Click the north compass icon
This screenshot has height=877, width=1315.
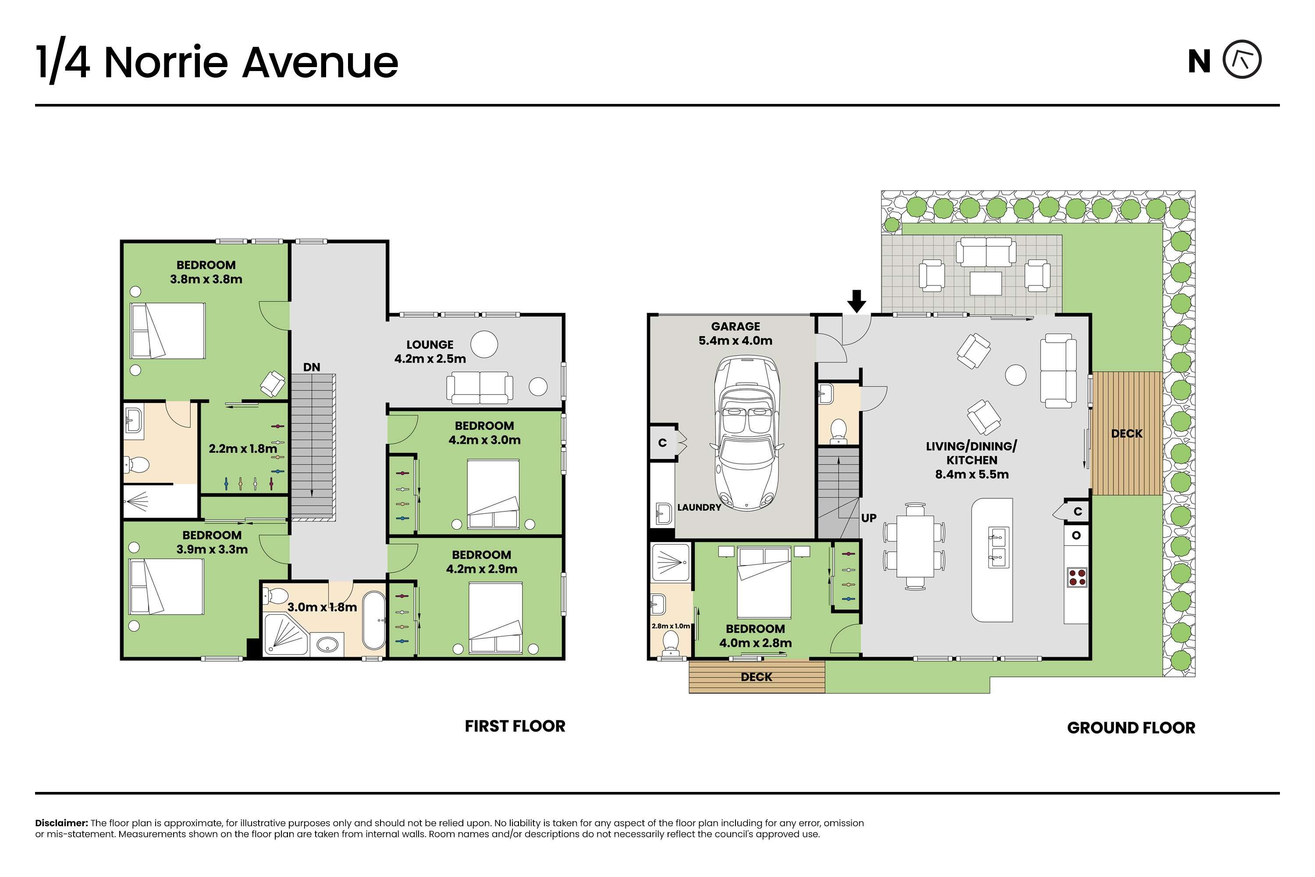pyautogui.click(x=1242, y=59)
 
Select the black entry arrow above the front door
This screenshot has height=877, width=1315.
pyautogui.click(x=857, y=301)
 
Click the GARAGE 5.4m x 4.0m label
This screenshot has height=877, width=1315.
pyautogui.click(x=735, y=333)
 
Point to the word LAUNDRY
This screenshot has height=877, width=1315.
pyautogui.click(x=699, y=507)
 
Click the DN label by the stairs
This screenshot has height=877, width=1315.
pyautogui.click(x=311, y=367)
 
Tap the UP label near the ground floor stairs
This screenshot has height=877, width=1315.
pyautogui.click(x=868, y=518)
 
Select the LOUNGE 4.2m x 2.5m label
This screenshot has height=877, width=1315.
pyautogui.click(x=430, y=352)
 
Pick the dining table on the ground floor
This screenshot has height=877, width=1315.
pyautogui.click(x=915, y=546)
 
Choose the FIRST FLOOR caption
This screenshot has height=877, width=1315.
pyautogui.click(x=515, y=726)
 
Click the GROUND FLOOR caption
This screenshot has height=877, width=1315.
pyautogui.click(x=1131, y=727)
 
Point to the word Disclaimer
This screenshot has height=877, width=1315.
pyautogui.click(x=61, y=823)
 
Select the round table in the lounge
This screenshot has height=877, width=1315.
pyautogui.click(x=484, y=345)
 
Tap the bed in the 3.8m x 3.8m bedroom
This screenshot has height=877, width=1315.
pyautogui.click(x=168, y=331)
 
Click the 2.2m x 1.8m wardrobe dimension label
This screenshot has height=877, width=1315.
pyautogui.click(x=243, y=449)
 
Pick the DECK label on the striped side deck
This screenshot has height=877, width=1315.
pyautogui.click(x=1127, y=434)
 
